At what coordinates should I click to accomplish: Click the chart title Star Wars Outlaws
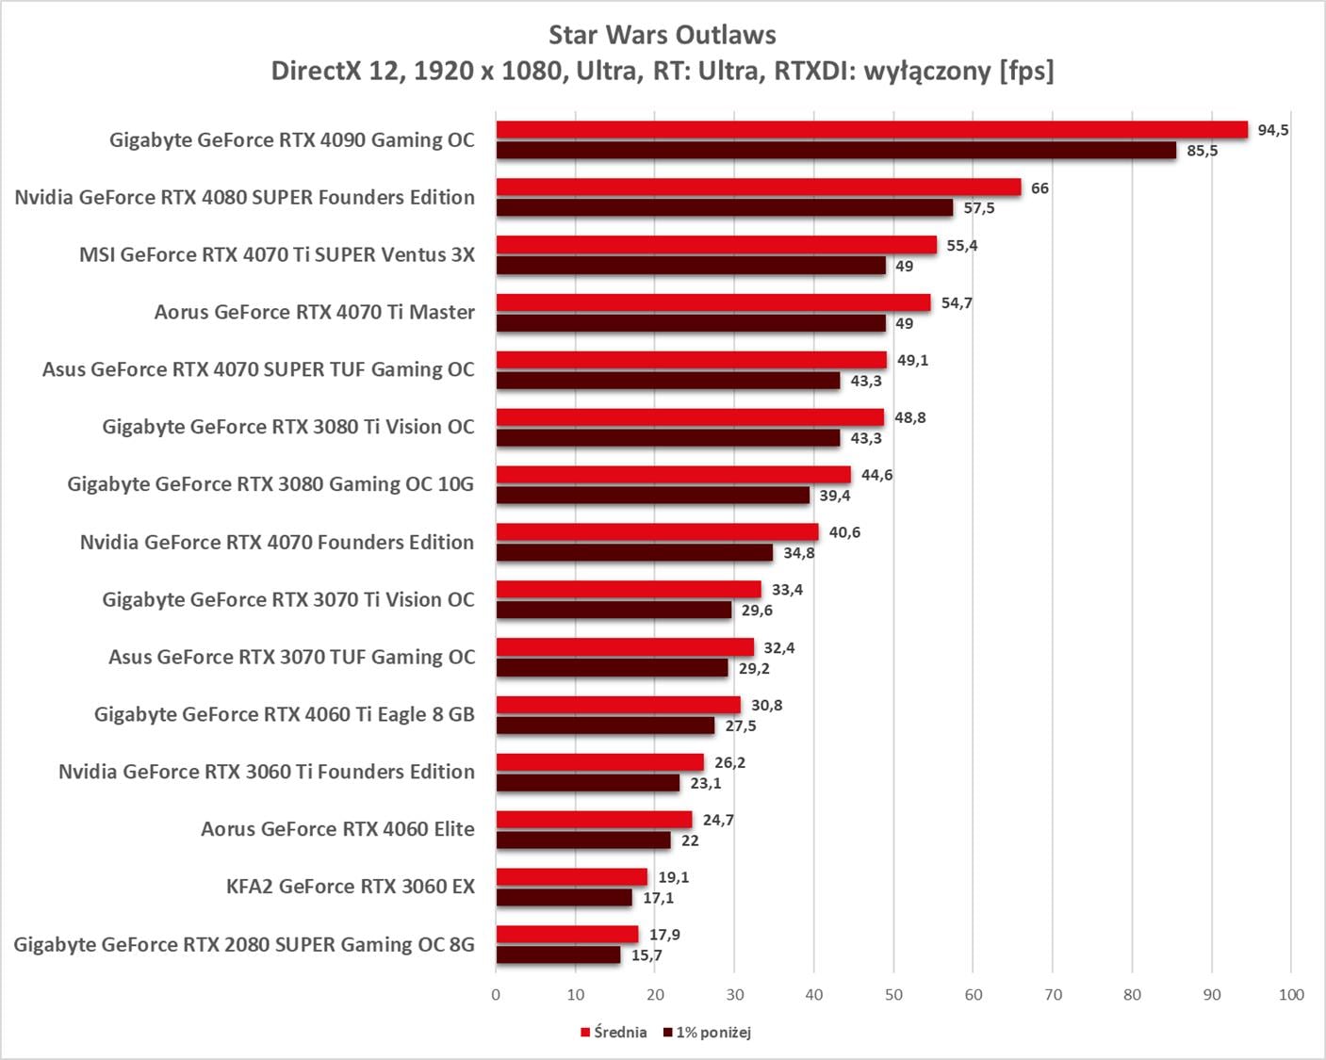(663, 35)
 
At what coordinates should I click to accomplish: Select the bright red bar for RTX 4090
(872, 130)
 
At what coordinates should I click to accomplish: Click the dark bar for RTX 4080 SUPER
(725, 208)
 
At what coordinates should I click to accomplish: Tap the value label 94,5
(1273, 130)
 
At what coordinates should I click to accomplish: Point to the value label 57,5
(979, 208)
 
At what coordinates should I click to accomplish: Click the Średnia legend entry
(614, 1033)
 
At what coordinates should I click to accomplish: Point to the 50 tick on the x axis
(893, 995)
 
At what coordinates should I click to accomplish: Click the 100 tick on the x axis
(1291, 995)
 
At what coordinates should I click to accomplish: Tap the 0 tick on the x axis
(496, 995)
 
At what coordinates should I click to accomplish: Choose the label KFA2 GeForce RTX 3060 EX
(350, 887)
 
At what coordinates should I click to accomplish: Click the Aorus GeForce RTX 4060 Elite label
(337, 829)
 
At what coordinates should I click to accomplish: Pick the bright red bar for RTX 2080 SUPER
(567, 935)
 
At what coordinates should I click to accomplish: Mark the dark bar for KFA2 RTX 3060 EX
(565, 898)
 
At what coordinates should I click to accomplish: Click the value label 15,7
(647, 955)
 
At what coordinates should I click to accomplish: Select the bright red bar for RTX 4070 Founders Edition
(658, 532)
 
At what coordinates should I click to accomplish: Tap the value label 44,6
(876, 475)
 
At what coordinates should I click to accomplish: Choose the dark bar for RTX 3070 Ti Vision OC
(614, 611)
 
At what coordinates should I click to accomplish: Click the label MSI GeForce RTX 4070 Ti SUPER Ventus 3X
(277, 254)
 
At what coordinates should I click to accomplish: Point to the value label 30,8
(766, 705)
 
